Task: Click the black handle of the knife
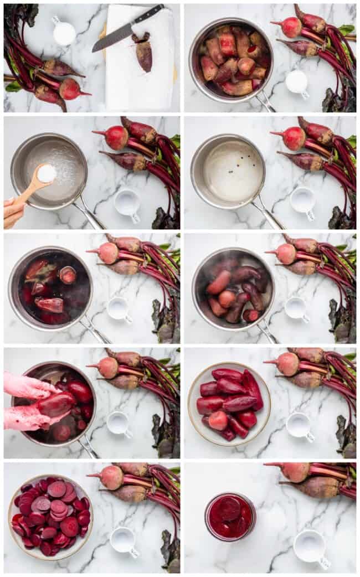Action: tap(148, 14)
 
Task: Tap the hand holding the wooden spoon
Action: tap(12, 212)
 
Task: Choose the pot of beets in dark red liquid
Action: tap(50, 288)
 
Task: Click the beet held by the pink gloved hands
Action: tap(55, 404)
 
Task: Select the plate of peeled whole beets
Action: tap(229, 404)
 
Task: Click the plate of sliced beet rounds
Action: tap(50, 517)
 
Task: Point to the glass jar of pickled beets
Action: tap(230, 517)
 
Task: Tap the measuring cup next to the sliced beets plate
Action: tap(123, 540)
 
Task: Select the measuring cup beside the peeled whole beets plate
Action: tap(299, 425)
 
